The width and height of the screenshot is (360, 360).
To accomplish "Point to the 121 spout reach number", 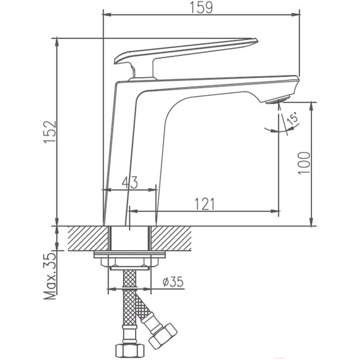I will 204,204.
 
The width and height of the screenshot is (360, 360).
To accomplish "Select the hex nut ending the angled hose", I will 163,334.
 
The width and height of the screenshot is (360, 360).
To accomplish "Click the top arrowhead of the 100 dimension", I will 312,106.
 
